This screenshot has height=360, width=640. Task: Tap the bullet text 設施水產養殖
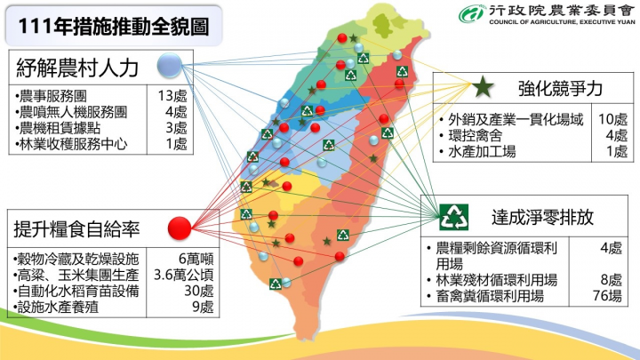[x=59, y=307]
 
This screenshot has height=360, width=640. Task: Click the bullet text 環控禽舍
[x=476, y=135]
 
